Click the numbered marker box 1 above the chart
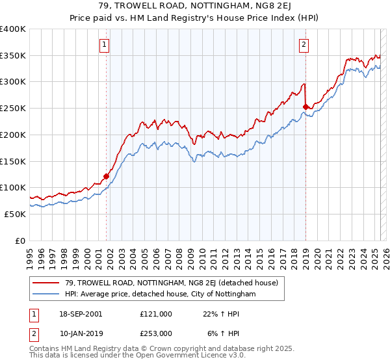pos(105,45)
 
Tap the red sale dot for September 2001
pos(106,176)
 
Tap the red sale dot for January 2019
pos(305,107)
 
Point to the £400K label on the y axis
pos(13,29)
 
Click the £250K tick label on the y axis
pos(13,108)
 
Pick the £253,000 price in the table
pos(155,333)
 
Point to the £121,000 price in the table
pos(155,314)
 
